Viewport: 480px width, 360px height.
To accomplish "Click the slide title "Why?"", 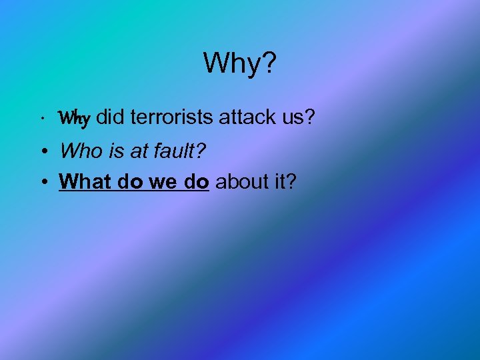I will [x=239, y=63].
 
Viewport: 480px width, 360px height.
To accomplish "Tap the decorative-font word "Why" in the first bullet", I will [x=74, y=119].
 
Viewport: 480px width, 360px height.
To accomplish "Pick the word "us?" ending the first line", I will [x=299, y=117].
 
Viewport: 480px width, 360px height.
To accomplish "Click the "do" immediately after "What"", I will [x=126, y=181].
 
